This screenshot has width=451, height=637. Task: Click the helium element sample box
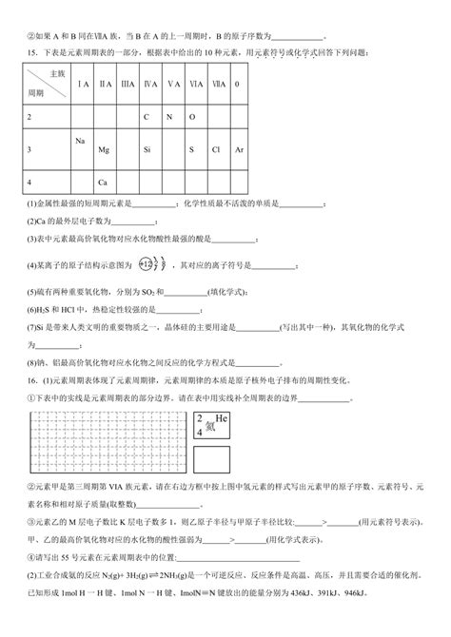(213, 424)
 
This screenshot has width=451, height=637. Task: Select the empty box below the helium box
(213, 461)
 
